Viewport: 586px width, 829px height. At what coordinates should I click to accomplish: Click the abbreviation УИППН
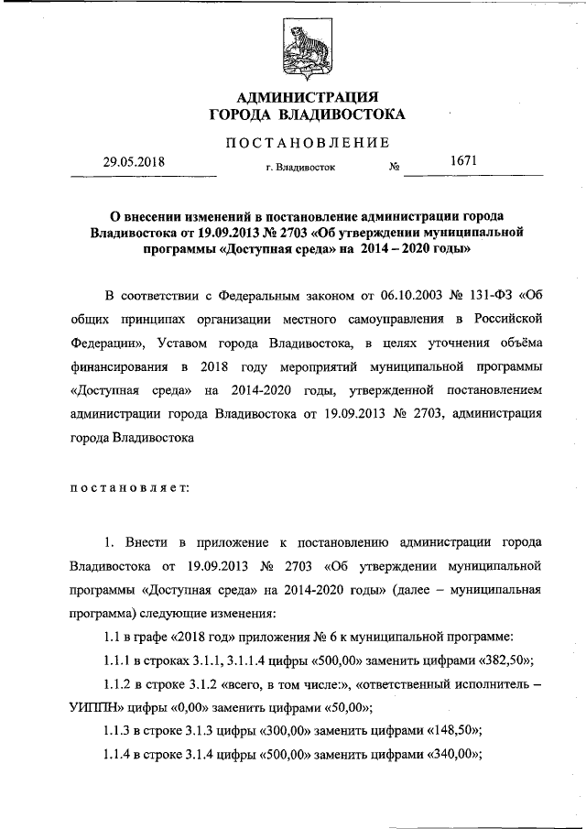[100, 705]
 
